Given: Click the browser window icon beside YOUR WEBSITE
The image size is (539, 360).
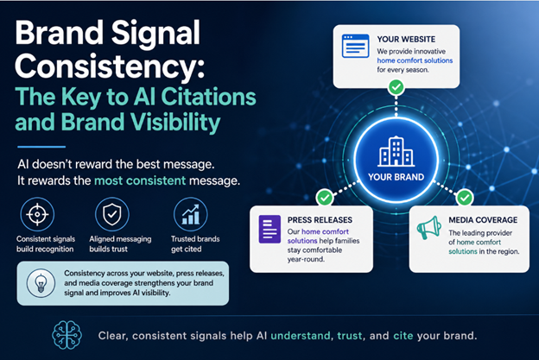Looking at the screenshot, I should pyautogui.click(x=355, y=46).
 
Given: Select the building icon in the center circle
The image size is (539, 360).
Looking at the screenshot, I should pyautogui.click(x=396, y=153).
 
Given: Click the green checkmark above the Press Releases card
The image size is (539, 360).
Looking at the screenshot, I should pyautogui.click(x=325, y=198).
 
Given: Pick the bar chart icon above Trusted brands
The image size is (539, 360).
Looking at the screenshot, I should pyautogui.click(x=189, y=213).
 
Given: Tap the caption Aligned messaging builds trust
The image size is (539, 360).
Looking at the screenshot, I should pyautogui.click(x=112, y=243).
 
